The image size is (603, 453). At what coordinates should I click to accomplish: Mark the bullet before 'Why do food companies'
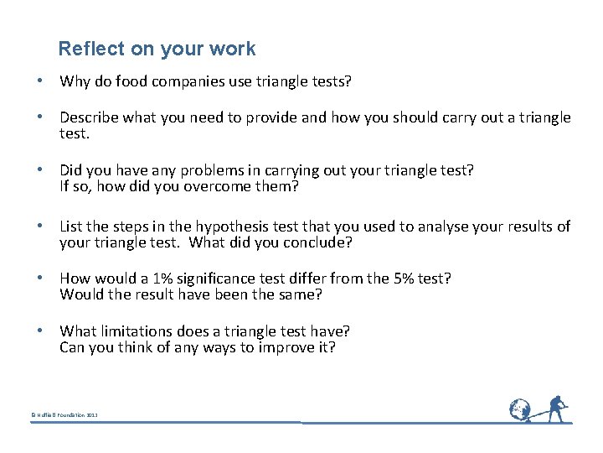39,81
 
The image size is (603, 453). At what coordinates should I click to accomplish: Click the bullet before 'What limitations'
39,331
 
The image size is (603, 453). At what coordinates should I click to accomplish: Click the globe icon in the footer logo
519,409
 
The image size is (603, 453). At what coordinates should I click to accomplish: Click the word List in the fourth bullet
71,226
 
